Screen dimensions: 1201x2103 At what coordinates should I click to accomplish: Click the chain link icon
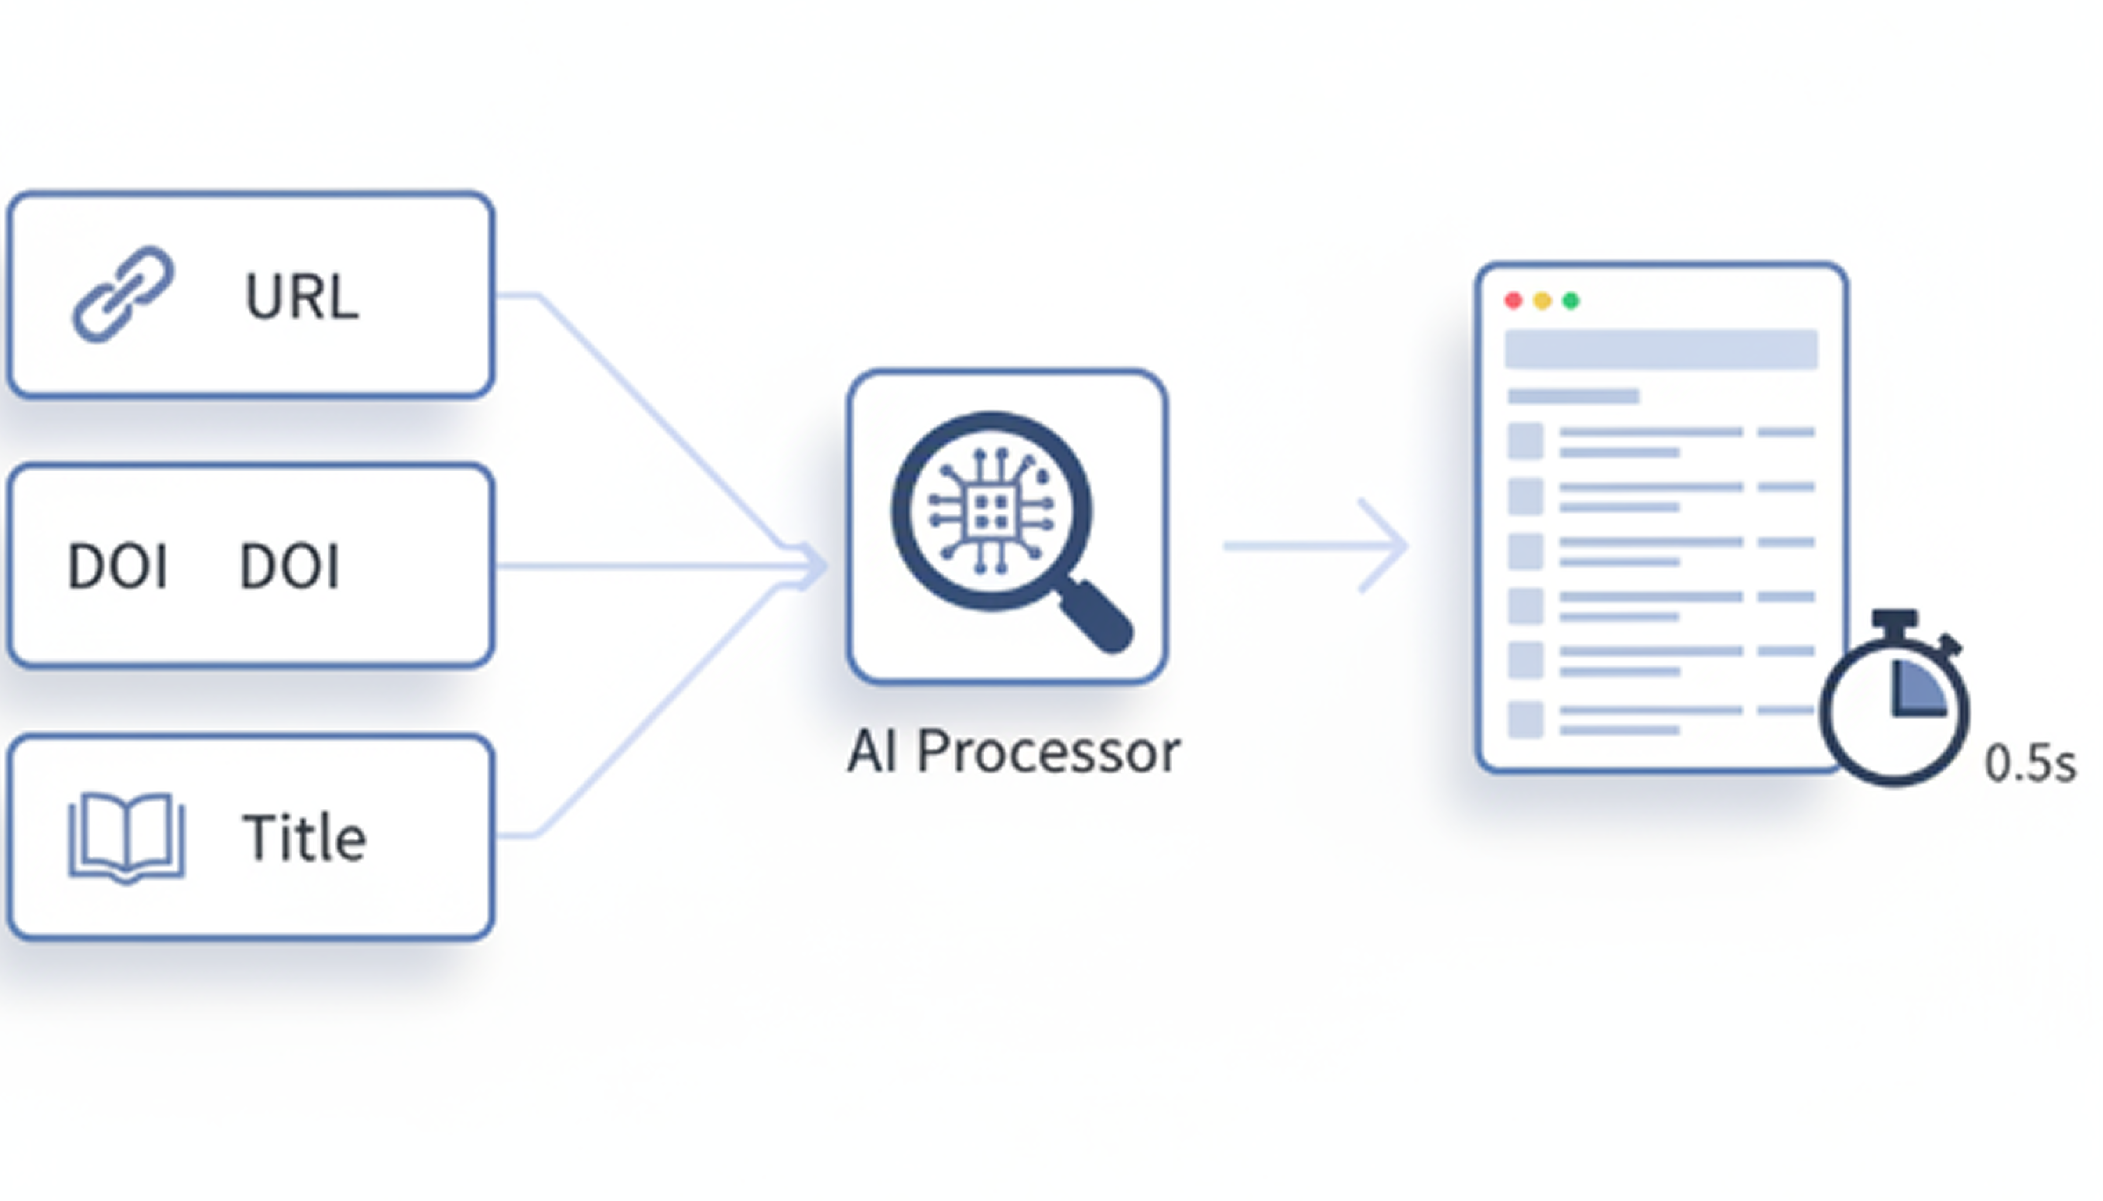click(124, 294)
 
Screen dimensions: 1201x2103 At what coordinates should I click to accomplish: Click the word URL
click(302, 296)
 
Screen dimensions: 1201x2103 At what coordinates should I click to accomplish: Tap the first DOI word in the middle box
click(118, 567)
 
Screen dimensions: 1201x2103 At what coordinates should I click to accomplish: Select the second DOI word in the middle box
click(290, 567)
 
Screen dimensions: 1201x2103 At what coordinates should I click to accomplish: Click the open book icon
click(126, 836)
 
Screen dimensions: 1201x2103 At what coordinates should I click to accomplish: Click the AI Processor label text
click(1014, 752)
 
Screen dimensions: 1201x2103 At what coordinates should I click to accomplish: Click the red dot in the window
click(1513, 301)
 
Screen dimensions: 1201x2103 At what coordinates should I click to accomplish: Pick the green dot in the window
click(1571, 301)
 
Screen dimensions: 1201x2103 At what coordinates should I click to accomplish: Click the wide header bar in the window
click(1661, 349)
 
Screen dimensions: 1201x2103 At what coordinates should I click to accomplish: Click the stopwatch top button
click(1894, 619)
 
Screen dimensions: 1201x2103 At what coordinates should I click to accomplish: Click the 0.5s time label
click(2030, 764)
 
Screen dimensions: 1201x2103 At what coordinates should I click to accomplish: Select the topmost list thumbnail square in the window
click(1526, 441)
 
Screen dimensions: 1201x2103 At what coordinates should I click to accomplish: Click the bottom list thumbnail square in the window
click(1526, 719)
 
